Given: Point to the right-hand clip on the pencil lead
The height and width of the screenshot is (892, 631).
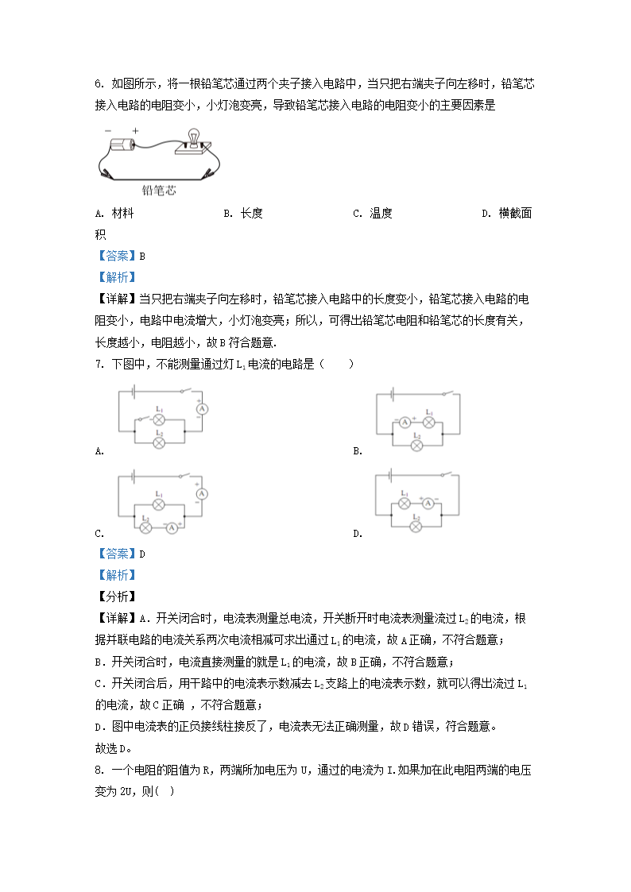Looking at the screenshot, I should (208, 172).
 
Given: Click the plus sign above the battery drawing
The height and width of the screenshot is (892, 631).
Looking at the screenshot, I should (135, 131).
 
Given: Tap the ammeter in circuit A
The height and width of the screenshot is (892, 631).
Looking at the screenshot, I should (201, 407).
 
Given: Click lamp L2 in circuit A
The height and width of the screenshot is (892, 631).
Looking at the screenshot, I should (158, 442).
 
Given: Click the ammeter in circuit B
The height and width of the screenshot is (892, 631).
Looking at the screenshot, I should (405, 423).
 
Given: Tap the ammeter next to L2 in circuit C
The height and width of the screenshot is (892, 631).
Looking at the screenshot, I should (172, 526).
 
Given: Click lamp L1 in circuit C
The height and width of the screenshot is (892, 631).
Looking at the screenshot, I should (158, 504).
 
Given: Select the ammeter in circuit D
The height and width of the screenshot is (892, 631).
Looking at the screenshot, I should (428, 504).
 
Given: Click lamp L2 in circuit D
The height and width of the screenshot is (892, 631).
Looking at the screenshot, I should (416, 525).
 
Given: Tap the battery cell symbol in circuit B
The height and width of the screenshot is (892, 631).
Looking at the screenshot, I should (393, 393).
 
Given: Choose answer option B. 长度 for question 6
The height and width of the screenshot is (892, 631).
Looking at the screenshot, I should (243, 213).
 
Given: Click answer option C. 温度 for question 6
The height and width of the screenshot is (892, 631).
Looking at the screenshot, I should (373, 213).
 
